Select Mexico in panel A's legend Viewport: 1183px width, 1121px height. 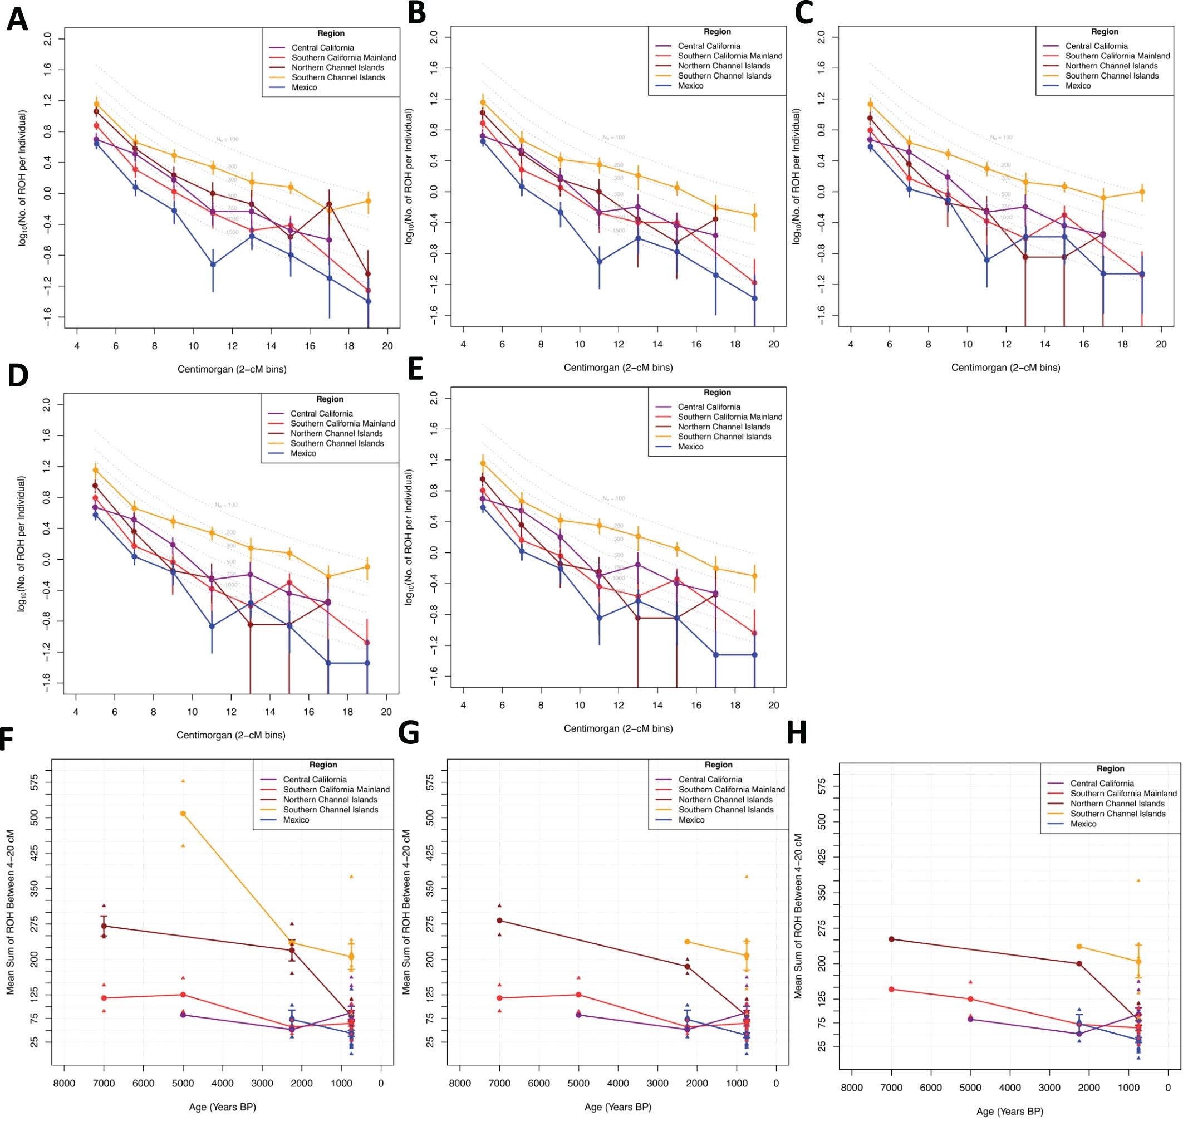304,87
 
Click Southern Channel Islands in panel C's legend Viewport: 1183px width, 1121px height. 1111,76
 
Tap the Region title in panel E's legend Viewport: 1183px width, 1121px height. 717,393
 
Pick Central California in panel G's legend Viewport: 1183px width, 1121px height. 710,779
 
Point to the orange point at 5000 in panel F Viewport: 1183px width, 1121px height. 183,813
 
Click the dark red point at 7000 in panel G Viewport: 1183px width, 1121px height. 499,920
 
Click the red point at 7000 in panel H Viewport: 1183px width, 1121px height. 891,989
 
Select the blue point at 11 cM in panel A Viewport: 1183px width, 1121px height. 213,264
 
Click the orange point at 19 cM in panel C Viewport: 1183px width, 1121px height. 1142,192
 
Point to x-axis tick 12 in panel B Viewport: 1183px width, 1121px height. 619,344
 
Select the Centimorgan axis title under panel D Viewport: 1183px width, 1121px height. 230,735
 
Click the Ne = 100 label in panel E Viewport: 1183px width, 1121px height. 613,498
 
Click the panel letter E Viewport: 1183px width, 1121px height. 415,370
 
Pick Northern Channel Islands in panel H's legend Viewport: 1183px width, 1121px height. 1117,803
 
